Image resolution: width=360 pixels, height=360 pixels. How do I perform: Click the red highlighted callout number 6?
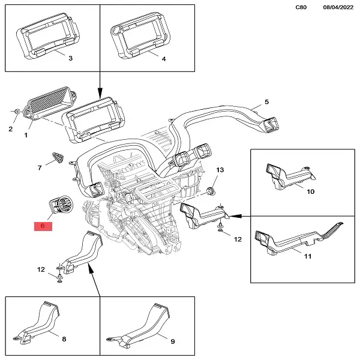coord(43,226)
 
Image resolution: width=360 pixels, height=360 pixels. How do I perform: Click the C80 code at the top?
coord(304,7)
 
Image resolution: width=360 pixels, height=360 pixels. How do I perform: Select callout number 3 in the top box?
coord(70,58)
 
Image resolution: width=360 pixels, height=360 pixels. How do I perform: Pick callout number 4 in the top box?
coord(163,58)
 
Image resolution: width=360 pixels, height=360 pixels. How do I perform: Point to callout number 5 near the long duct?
coord(266,102)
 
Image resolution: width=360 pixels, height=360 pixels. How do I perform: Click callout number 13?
coord(220,171)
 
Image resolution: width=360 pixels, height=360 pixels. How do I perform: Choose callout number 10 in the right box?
coord(311,191)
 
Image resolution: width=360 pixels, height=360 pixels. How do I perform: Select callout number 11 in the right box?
coord(308,257)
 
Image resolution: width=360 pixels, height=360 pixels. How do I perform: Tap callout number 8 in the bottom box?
coord(64,340)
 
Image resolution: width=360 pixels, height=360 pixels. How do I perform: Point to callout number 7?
coord(40,168)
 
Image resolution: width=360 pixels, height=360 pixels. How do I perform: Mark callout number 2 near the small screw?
coord(10,129)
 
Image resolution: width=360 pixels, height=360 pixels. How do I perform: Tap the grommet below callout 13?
coord(211,191)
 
